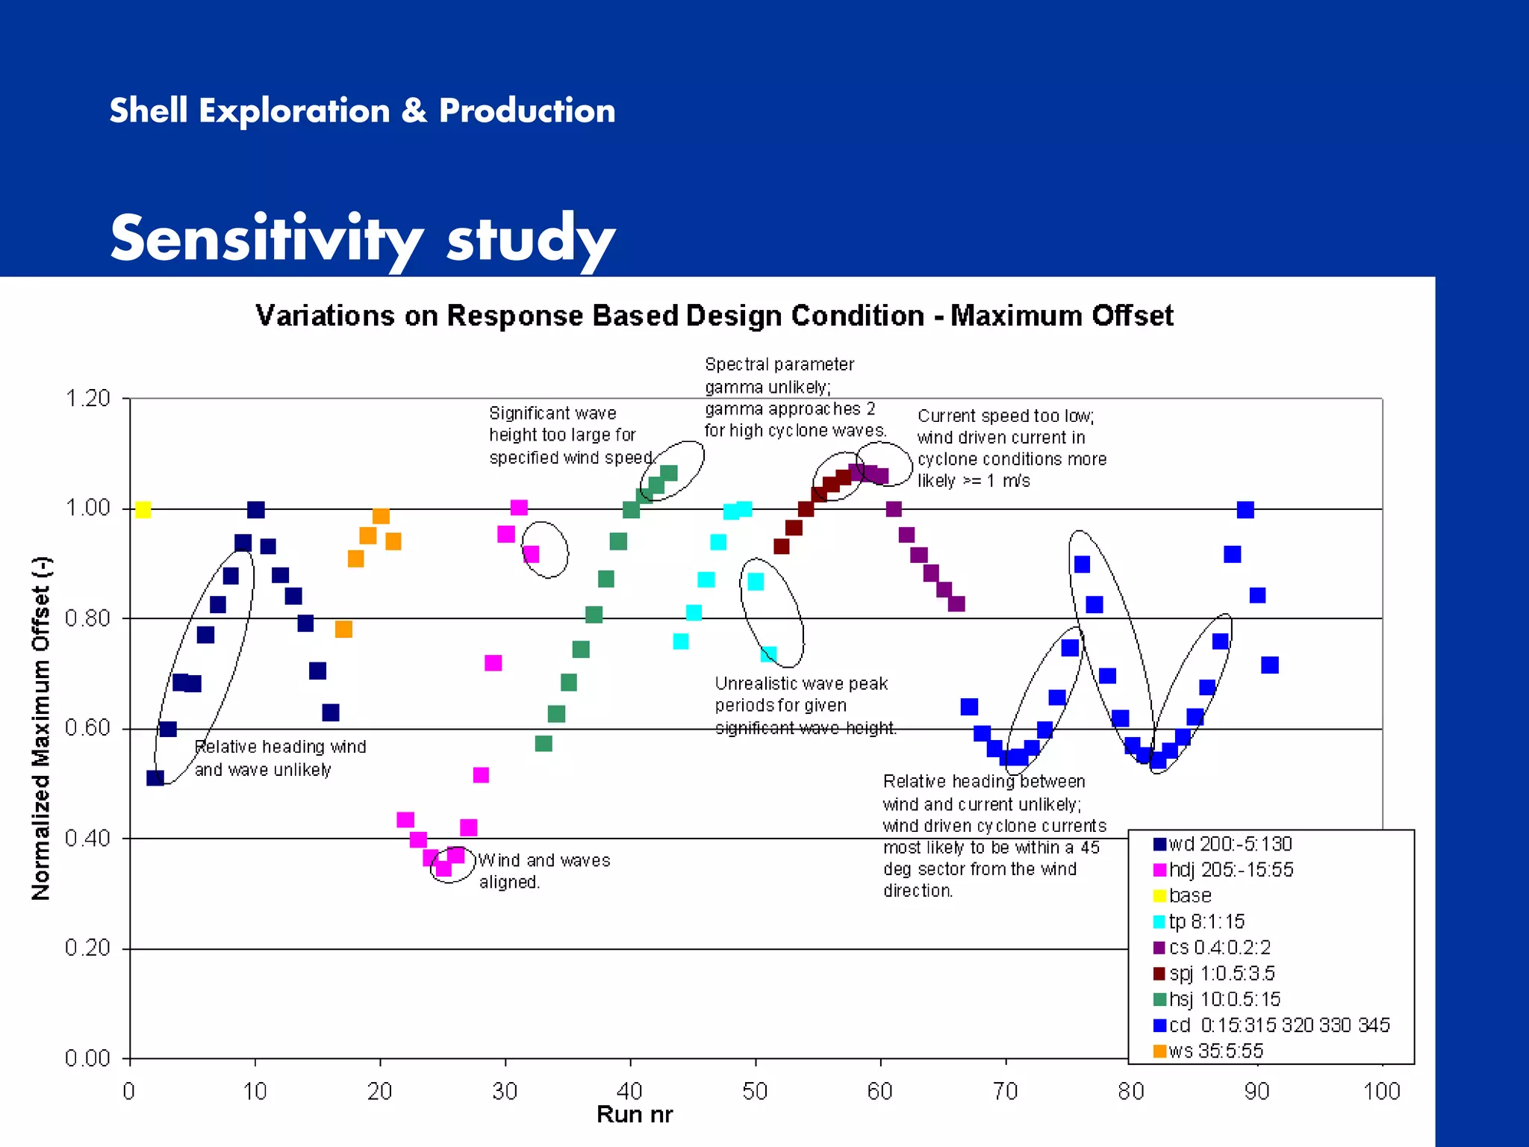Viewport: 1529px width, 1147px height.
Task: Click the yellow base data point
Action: point(143,510)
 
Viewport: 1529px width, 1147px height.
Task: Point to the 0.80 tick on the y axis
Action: point(87,618)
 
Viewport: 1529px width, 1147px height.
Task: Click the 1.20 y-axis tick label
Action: point(87,398)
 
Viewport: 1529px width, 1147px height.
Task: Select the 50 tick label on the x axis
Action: point(755,1092)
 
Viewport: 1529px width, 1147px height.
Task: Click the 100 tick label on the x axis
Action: point(1381,1092)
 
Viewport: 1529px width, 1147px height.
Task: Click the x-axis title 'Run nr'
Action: point(635,1115)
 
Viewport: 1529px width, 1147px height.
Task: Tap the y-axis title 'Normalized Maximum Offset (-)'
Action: point(41,728)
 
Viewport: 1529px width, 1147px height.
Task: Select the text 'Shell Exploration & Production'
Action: point(362,111)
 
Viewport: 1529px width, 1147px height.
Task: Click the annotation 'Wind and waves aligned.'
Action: point(544,871)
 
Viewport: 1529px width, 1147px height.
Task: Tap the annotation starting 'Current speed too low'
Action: point(1012,448)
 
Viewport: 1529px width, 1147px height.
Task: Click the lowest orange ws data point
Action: point(343,630)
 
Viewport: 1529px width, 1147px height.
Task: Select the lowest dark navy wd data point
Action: point(155,778)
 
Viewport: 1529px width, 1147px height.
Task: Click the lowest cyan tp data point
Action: point(768,655)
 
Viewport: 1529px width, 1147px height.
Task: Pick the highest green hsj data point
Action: point(669,473)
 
